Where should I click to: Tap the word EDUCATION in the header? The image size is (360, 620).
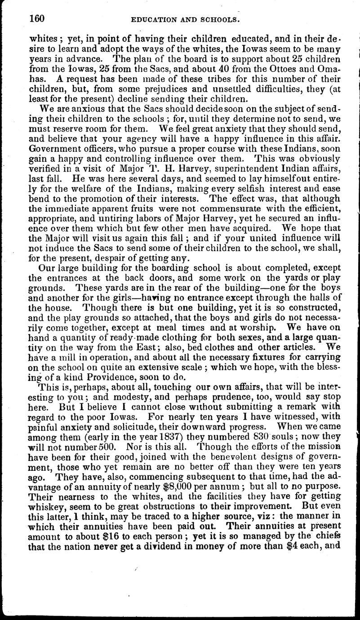151,20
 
